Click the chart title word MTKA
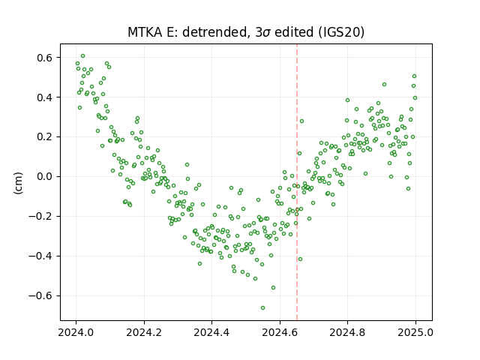[x=145, y=32]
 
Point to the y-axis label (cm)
[x=18, y=183]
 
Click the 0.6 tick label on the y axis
[x=45, y=58]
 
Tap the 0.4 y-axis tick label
[x=45, y=97]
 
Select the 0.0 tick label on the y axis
[x=45, y=177]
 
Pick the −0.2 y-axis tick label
[x=41, y=217]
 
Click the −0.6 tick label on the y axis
[x=41, y=295]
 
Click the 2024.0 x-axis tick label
[x=76, y=332]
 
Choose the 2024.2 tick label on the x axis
[x=144, y=332]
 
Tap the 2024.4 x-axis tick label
[x=211, y=332]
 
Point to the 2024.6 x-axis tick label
[x=280, y=332]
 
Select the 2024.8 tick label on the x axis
[x=347, y=332]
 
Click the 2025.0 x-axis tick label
[x=415, y=332]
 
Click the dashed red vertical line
[x=297, y=182]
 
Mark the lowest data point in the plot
[x=262, y=307]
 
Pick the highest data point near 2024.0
[x=82, y=56]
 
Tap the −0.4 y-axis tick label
[x=41, y=256]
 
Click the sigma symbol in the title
[x=266, y=33]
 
